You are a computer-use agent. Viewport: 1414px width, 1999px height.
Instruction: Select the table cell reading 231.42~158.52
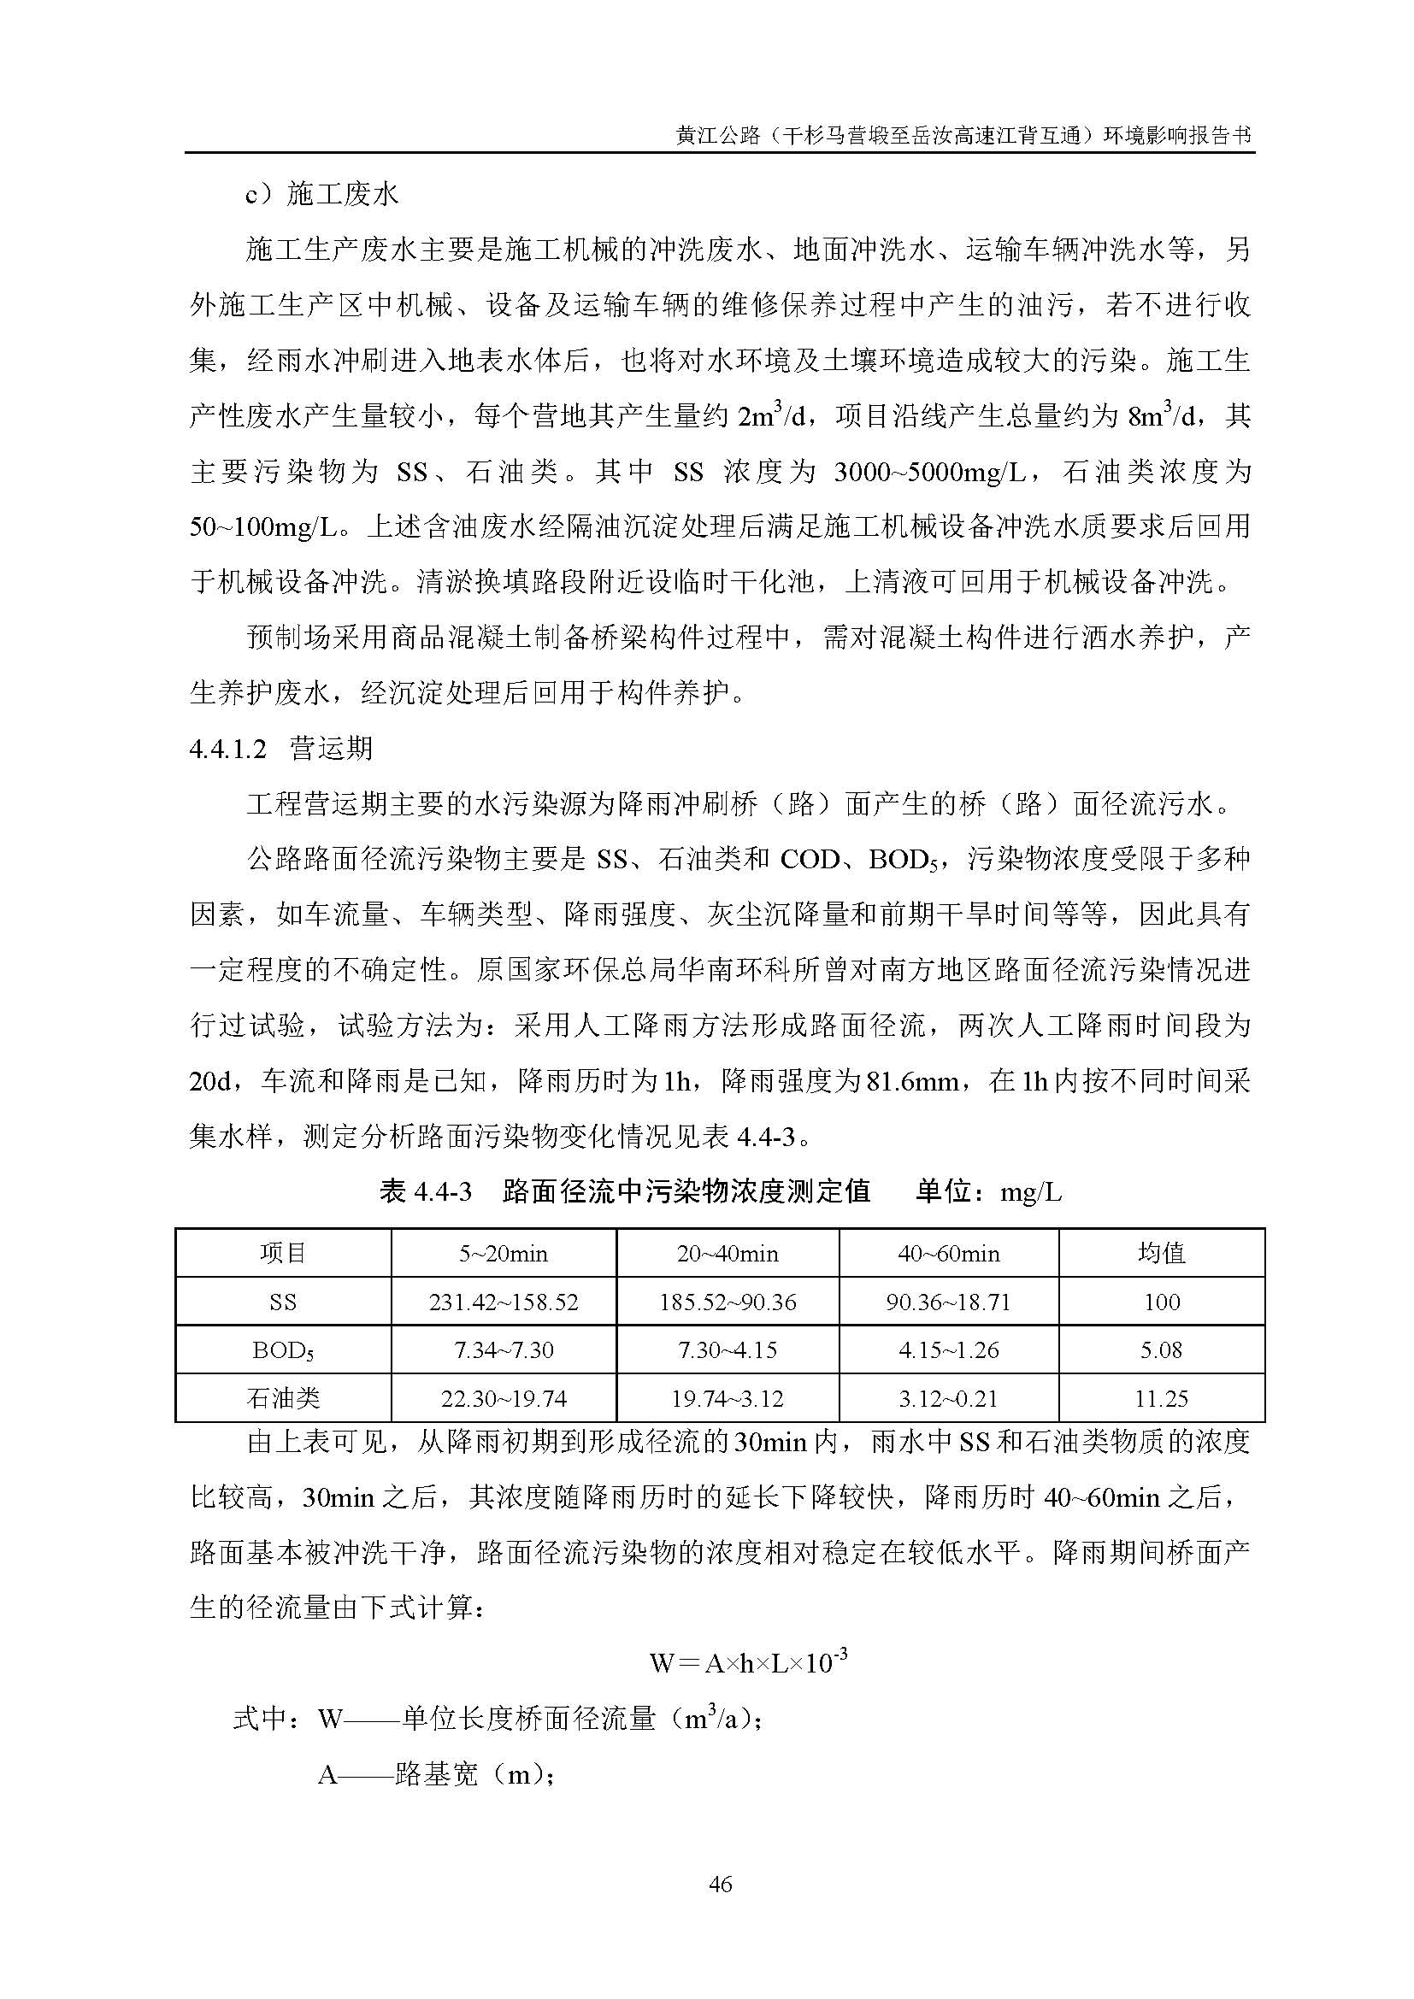point(504,1302)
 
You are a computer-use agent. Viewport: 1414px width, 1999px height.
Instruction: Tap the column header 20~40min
point(727,1254)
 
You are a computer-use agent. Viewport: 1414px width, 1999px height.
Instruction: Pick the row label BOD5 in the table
point(283,1351)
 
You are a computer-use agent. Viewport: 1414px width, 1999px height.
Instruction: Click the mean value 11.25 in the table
point(1161,1399)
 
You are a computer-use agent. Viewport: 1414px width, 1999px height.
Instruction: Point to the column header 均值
point(1161,1254)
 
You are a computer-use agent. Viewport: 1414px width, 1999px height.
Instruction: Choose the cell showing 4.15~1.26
point(948,1350)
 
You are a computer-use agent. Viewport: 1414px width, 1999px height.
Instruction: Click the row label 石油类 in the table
point(283,1399)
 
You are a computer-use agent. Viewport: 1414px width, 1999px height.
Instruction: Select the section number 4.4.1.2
point(227,750)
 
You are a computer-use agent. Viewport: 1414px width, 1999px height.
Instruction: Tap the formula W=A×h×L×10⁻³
point(748,1663)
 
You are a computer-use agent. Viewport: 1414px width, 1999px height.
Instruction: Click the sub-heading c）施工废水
point(321,195)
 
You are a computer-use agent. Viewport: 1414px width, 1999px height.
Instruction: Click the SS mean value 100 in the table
point(1161,1302)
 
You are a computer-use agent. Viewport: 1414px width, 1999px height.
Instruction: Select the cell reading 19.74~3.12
point(727,1399)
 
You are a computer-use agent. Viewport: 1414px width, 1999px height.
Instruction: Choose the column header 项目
point(283,1254)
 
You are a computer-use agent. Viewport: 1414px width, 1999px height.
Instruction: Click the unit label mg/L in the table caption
point(1031,1193)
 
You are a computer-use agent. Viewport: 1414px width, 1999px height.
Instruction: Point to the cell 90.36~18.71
point(948,1302)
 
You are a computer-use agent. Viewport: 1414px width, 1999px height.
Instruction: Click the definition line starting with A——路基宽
point(436,1773)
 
